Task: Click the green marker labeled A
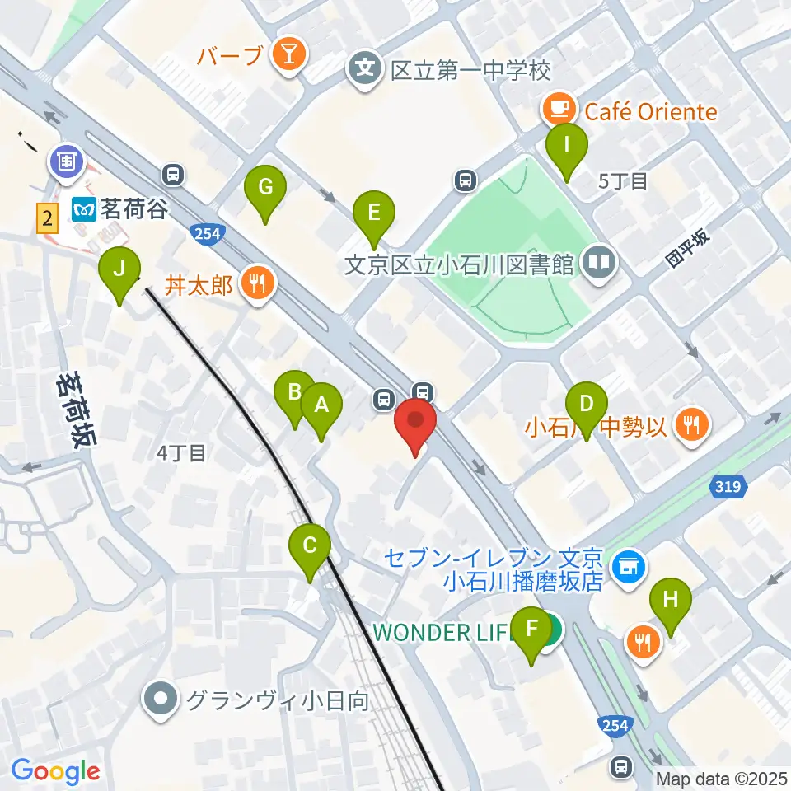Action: coord(321,405)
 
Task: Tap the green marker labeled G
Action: coord(264,188)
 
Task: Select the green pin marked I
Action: coord(567,145)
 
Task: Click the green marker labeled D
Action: coord(587,405)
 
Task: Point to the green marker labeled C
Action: coord(310,546)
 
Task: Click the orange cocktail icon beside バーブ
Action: coord(290,55)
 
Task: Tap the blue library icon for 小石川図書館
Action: coord(599,264)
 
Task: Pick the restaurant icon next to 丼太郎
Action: coord(257,285)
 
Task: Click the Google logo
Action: coord(55,772)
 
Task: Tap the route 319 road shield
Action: coord(728,489)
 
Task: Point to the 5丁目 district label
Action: coord(624,181)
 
